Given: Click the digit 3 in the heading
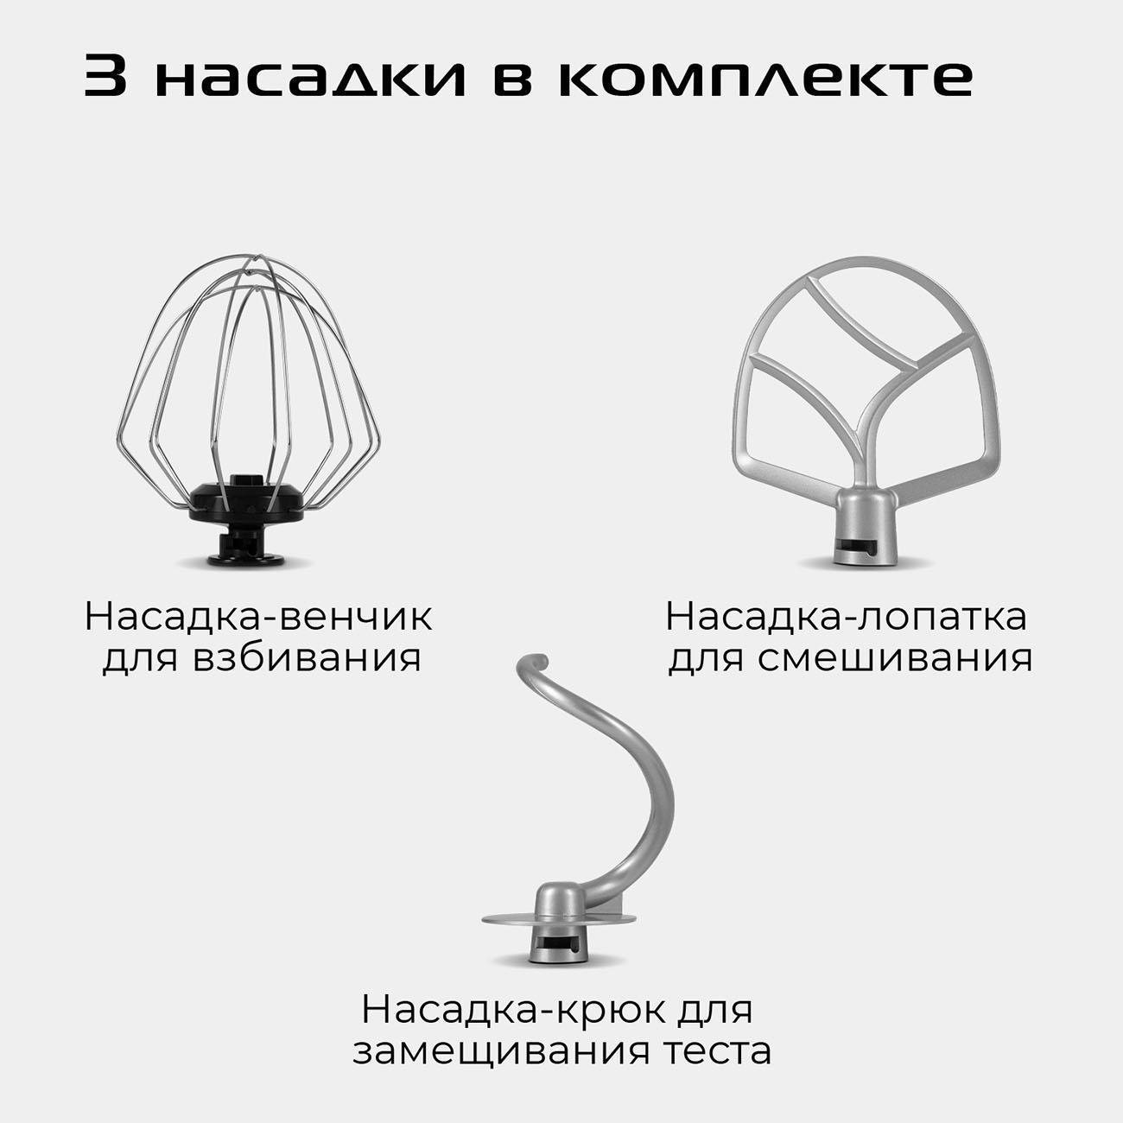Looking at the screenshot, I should (x=106, y=77).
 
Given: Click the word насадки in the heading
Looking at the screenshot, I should (x=312, y=77).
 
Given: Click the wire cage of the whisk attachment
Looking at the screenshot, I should (x=247, y=363).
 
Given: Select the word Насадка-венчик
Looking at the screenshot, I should (x=257, y=618).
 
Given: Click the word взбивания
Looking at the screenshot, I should (x=308, y=658).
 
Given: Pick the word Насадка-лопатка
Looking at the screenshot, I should (x=847, y=618).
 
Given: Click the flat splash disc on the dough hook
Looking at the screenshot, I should (x=501, y=919).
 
